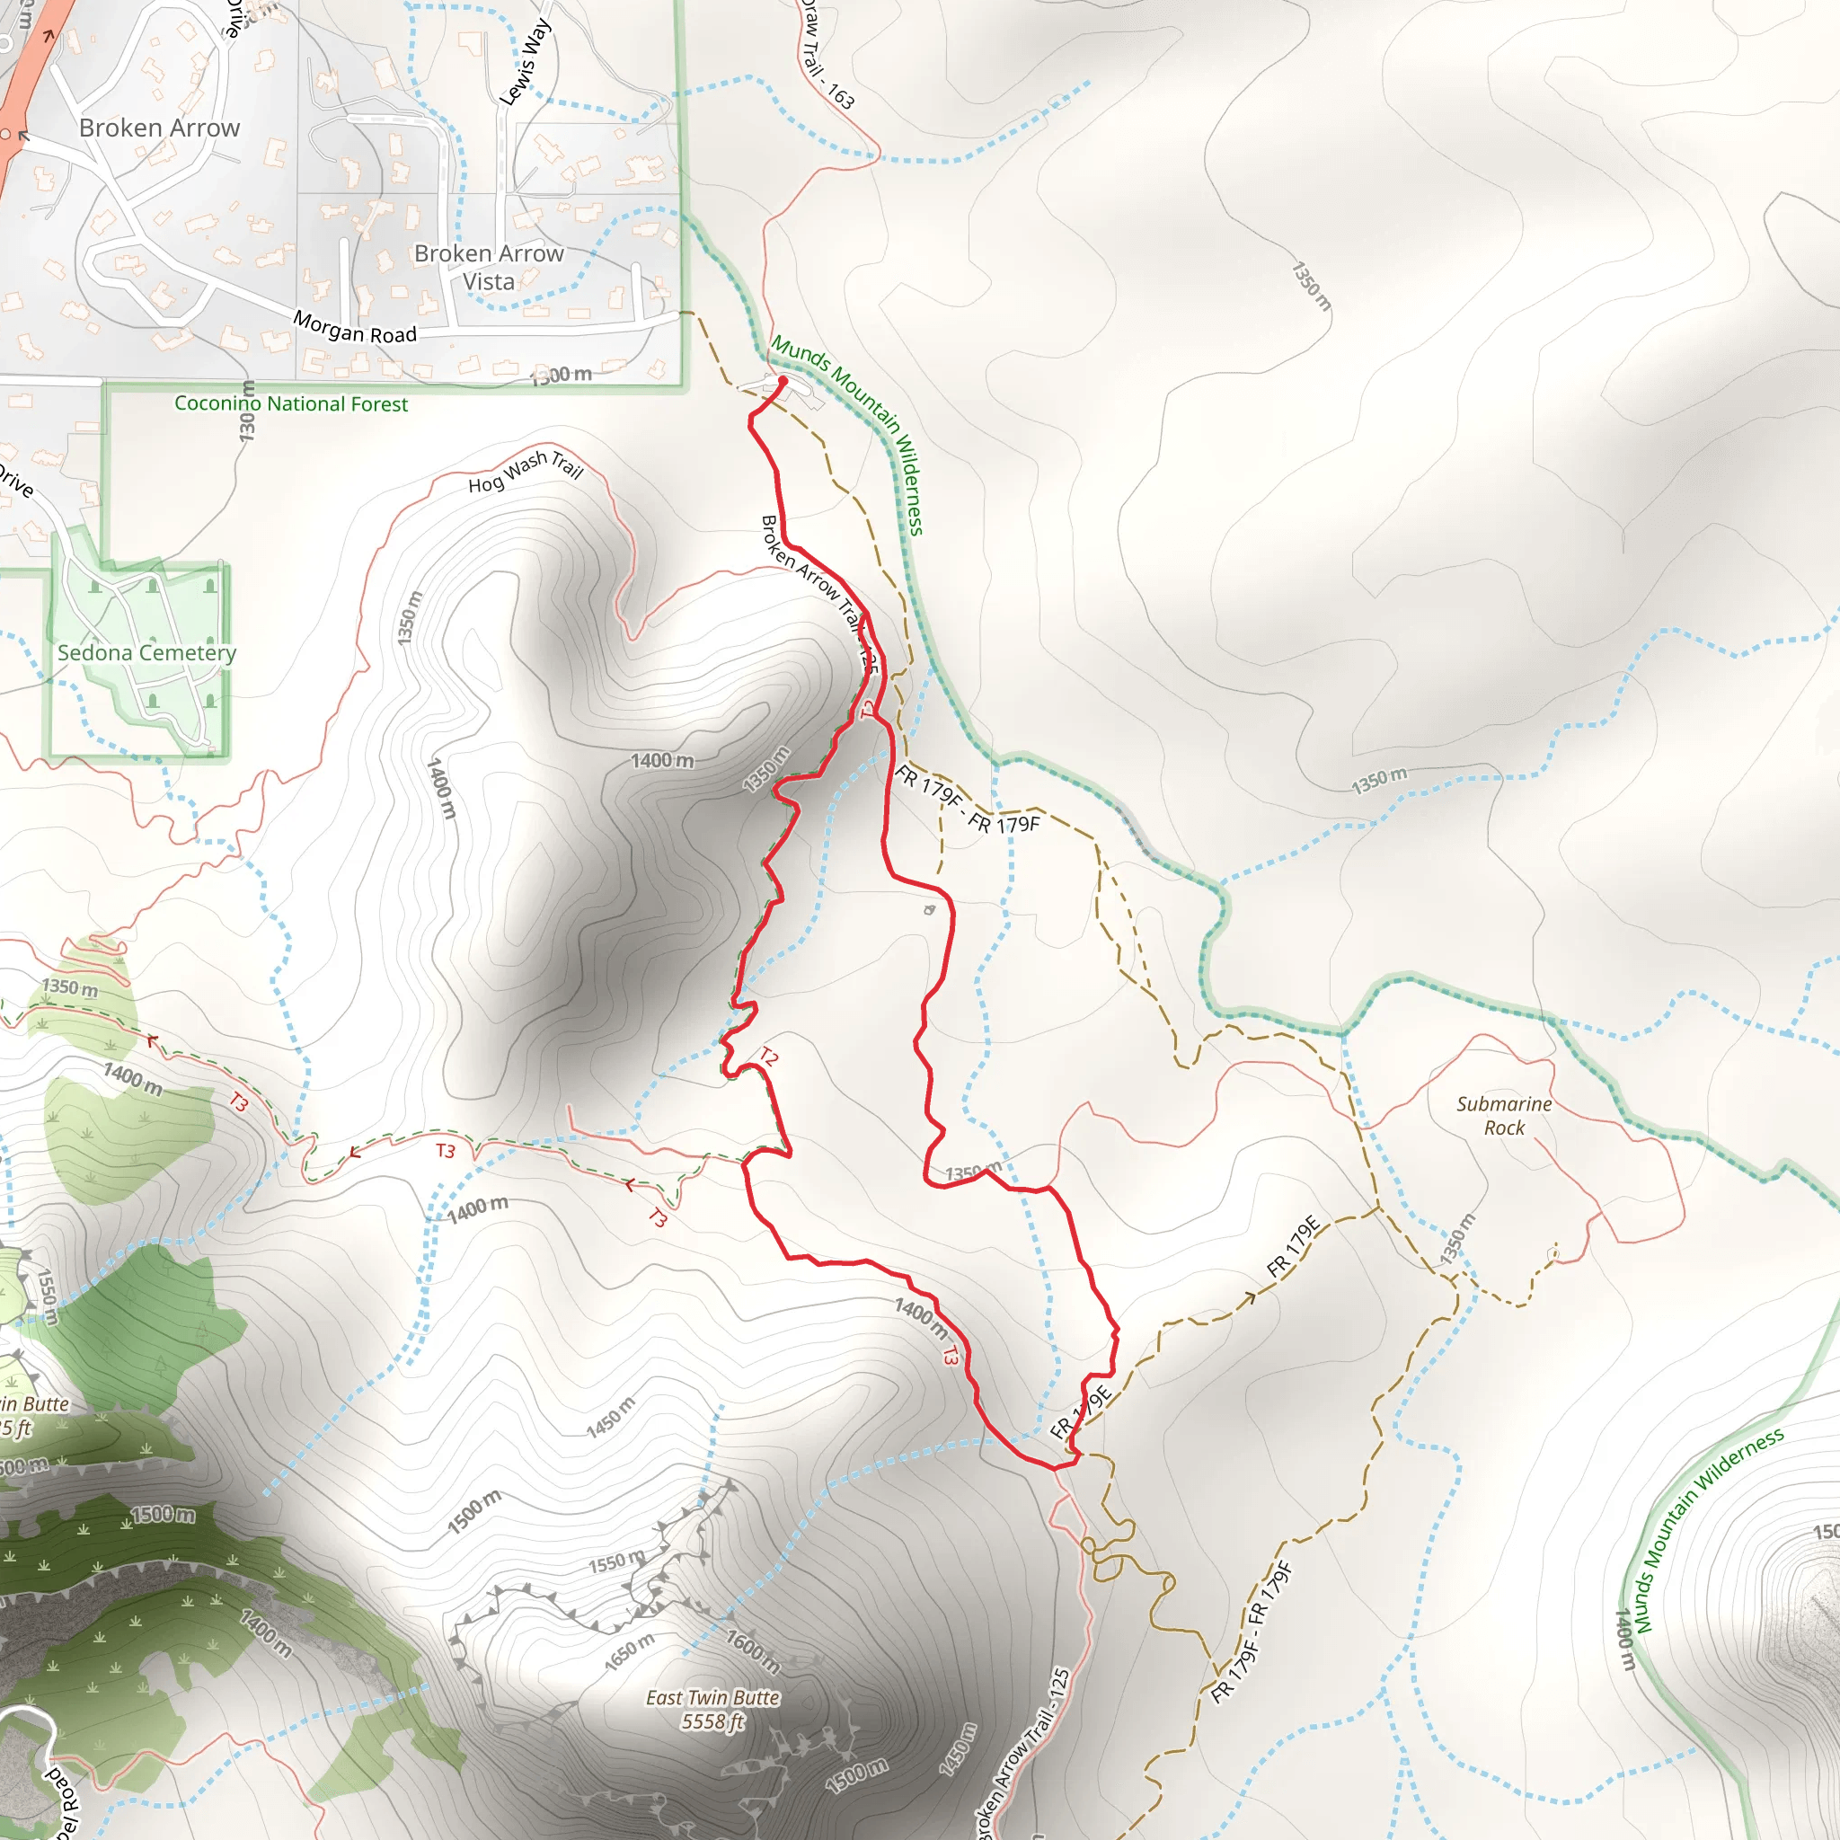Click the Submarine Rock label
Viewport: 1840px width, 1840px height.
pyautogui.click(x=1503, y=1115)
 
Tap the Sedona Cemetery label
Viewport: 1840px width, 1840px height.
pyautogui.click(x=146, y=653)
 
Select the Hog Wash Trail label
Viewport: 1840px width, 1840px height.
pyautogui.click(x=525, y=471)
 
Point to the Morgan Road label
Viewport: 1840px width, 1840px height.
pyautogui.click(x=354, y=328)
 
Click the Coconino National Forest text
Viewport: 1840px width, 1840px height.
pyautogui.click(x=290, y=403)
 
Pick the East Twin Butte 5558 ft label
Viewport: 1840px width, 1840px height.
pyautogui.click(x=712, y=1709)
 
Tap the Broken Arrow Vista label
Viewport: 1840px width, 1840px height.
pyautogui.click(x=489, y=268)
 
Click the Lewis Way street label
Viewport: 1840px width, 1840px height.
pyautogui.click(x=525, y=62)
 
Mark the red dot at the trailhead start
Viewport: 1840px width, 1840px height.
pyautogui.click(x=783, y=381)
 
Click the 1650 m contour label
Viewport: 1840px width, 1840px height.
pyautogui.click(x=630, y=1651)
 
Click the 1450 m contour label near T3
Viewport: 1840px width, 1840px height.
pyautogui.click(x=609, y=1417)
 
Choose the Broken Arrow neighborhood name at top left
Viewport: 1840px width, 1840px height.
pyautogui.click(x=159, y=128)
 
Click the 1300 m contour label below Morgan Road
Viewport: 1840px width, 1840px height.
pyautogui.click(x=562, y=376)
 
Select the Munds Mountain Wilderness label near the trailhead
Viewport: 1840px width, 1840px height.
pyautogui.click(x=847, y=433)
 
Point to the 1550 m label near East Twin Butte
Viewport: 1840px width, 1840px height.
pyautogui.click(x=615, y=1561)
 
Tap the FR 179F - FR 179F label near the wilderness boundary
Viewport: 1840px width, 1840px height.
pyautogui.click(x=967, y=800)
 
